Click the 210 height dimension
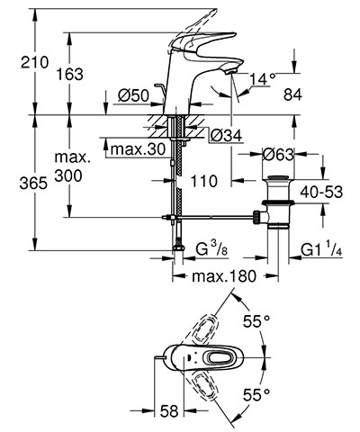(34, 63)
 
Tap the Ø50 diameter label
(133, 96)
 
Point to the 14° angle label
(263, 79)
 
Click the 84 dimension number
(292, 95)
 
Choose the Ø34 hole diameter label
(226, 136)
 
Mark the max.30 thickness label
(138, 148)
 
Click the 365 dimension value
(33, 183)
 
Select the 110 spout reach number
(204, 181)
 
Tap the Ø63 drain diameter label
(278, 155)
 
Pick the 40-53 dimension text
(321, 192)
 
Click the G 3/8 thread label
(211, 248)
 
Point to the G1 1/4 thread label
(321, 249)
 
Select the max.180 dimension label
(224, 276)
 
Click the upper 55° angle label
(256, 322)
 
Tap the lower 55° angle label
(256, 394)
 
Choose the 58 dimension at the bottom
(169, 411)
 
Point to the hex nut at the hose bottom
(178, 247)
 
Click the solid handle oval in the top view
(223, 357)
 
